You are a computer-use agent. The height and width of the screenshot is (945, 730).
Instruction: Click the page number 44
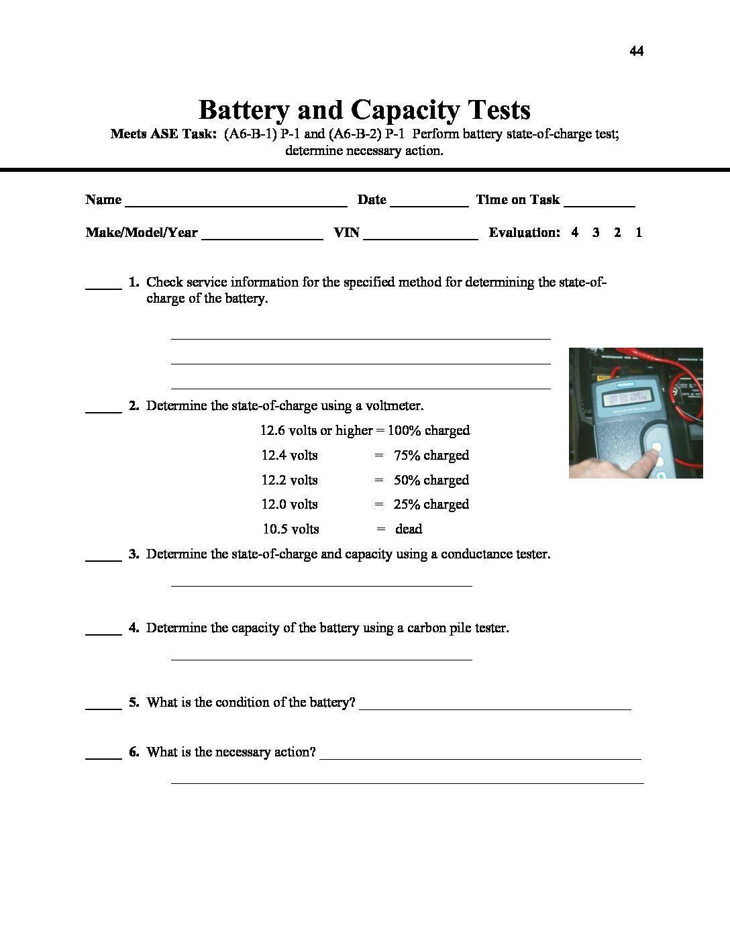[x=637, y=51]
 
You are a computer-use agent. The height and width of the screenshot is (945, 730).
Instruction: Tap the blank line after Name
[x=236, y=204]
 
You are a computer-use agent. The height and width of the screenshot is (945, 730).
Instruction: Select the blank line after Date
[x=429, y=204]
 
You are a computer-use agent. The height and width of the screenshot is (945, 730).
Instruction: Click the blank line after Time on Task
[x=599, y=204]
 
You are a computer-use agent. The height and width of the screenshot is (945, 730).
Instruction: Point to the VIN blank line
[x=420, y=237]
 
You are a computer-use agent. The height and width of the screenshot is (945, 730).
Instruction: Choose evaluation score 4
[x=575, y=232]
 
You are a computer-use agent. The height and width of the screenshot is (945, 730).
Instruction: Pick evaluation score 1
[x=639, y=232]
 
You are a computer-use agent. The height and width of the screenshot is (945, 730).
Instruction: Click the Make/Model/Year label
[x=142, y=232]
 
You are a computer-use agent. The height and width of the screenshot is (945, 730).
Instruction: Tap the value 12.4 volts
[x=289, y=455]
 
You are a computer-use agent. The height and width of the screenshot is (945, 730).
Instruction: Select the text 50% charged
[x=431, y=480]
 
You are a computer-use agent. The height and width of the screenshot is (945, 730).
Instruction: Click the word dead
[x=409, y=529]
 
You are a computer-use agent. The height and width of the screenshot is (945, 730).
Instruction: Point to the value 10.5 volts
[x=291, y=529]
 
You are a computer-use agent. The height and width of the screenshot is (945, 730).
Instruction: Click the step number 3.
[x=134, y=554]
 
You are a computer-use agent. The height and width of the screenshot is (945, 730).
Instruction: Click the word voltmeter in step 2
[x=394, y=405]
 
